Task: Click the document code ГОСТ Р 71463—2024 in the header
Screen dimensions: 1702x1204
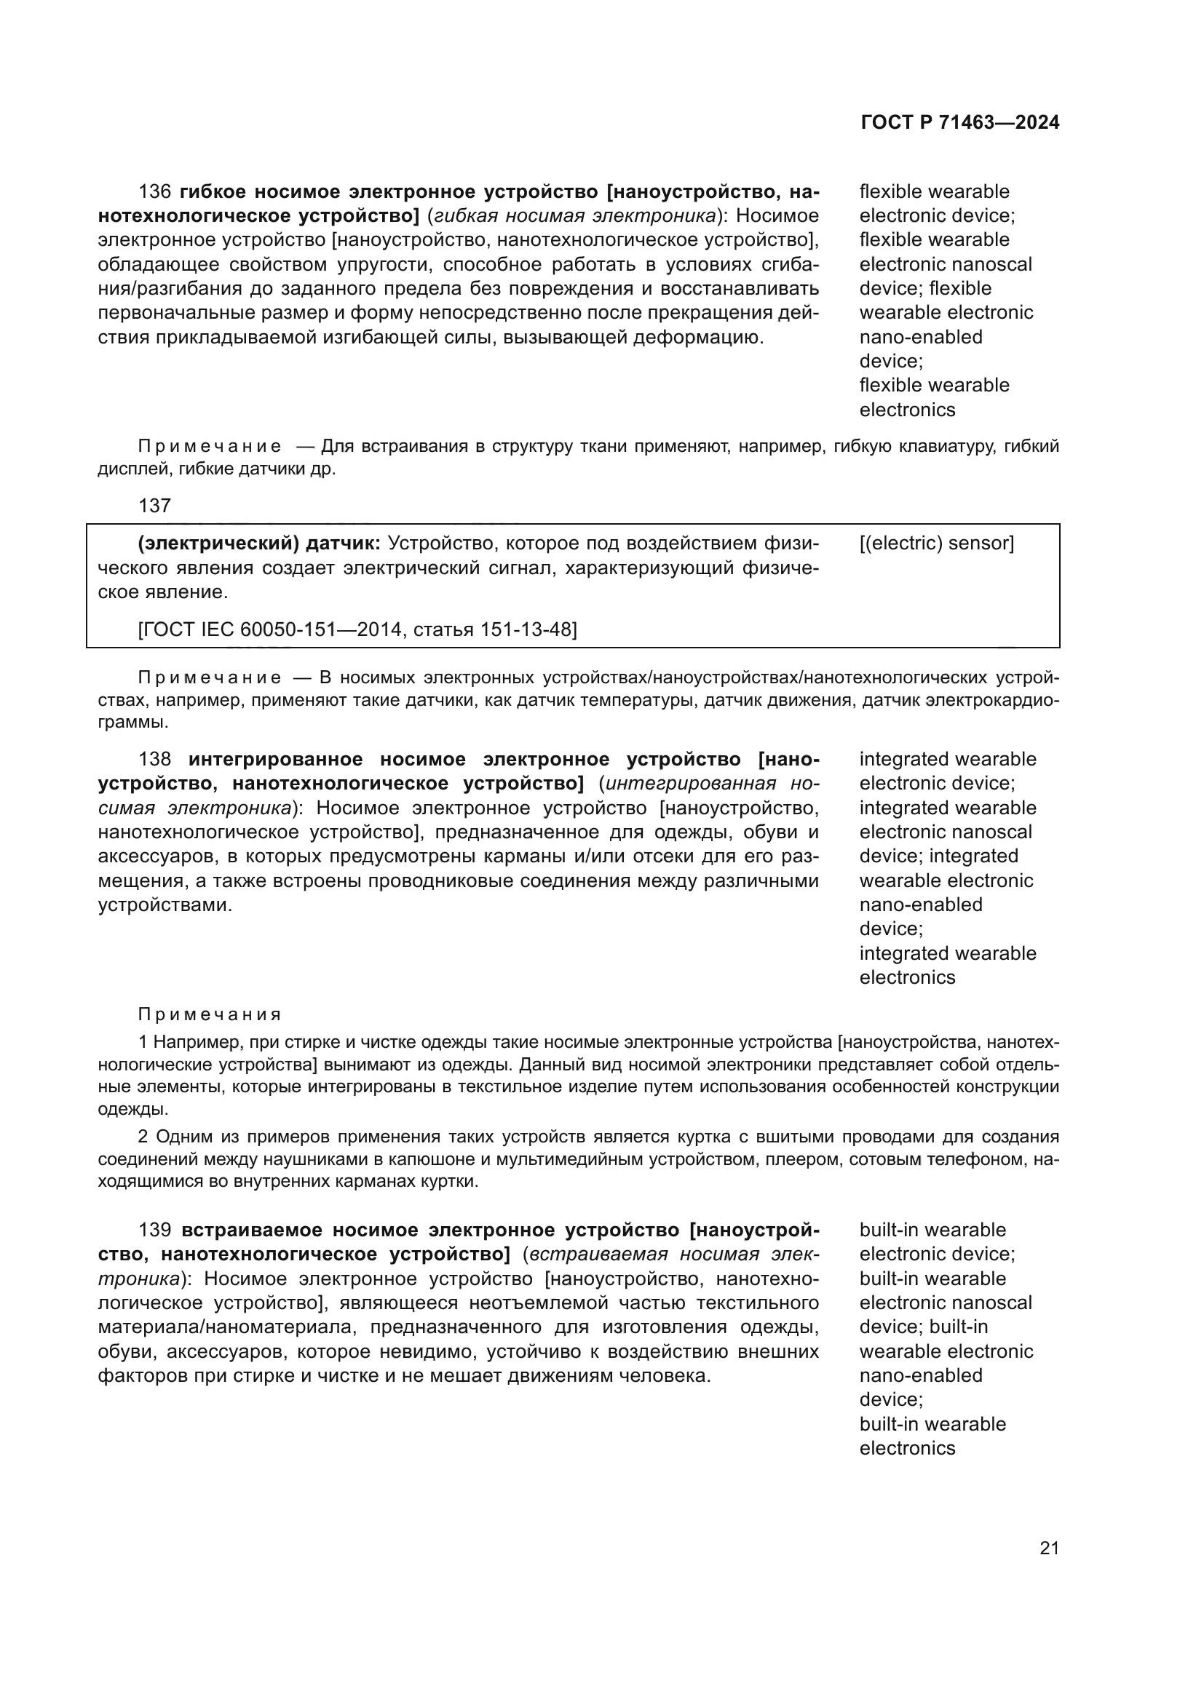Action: coord(960,123)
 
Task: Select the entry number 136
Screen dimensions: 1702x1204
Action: coord(154,192)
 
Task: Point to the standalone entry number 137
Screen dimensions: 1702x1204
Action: coord(154,506)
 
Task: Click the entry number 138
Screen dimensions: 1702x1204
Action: coord(154,760)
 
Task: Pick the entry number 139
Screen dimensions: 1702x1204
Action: coord(154,1231)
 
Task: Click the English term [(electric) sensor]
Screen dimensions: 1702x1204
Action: coord(937,544)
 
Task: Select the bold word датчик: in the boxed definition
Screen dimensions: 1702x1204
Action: coord(344,544)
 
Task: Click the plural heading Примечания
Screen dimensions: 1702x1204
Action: coord(210,1015)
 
